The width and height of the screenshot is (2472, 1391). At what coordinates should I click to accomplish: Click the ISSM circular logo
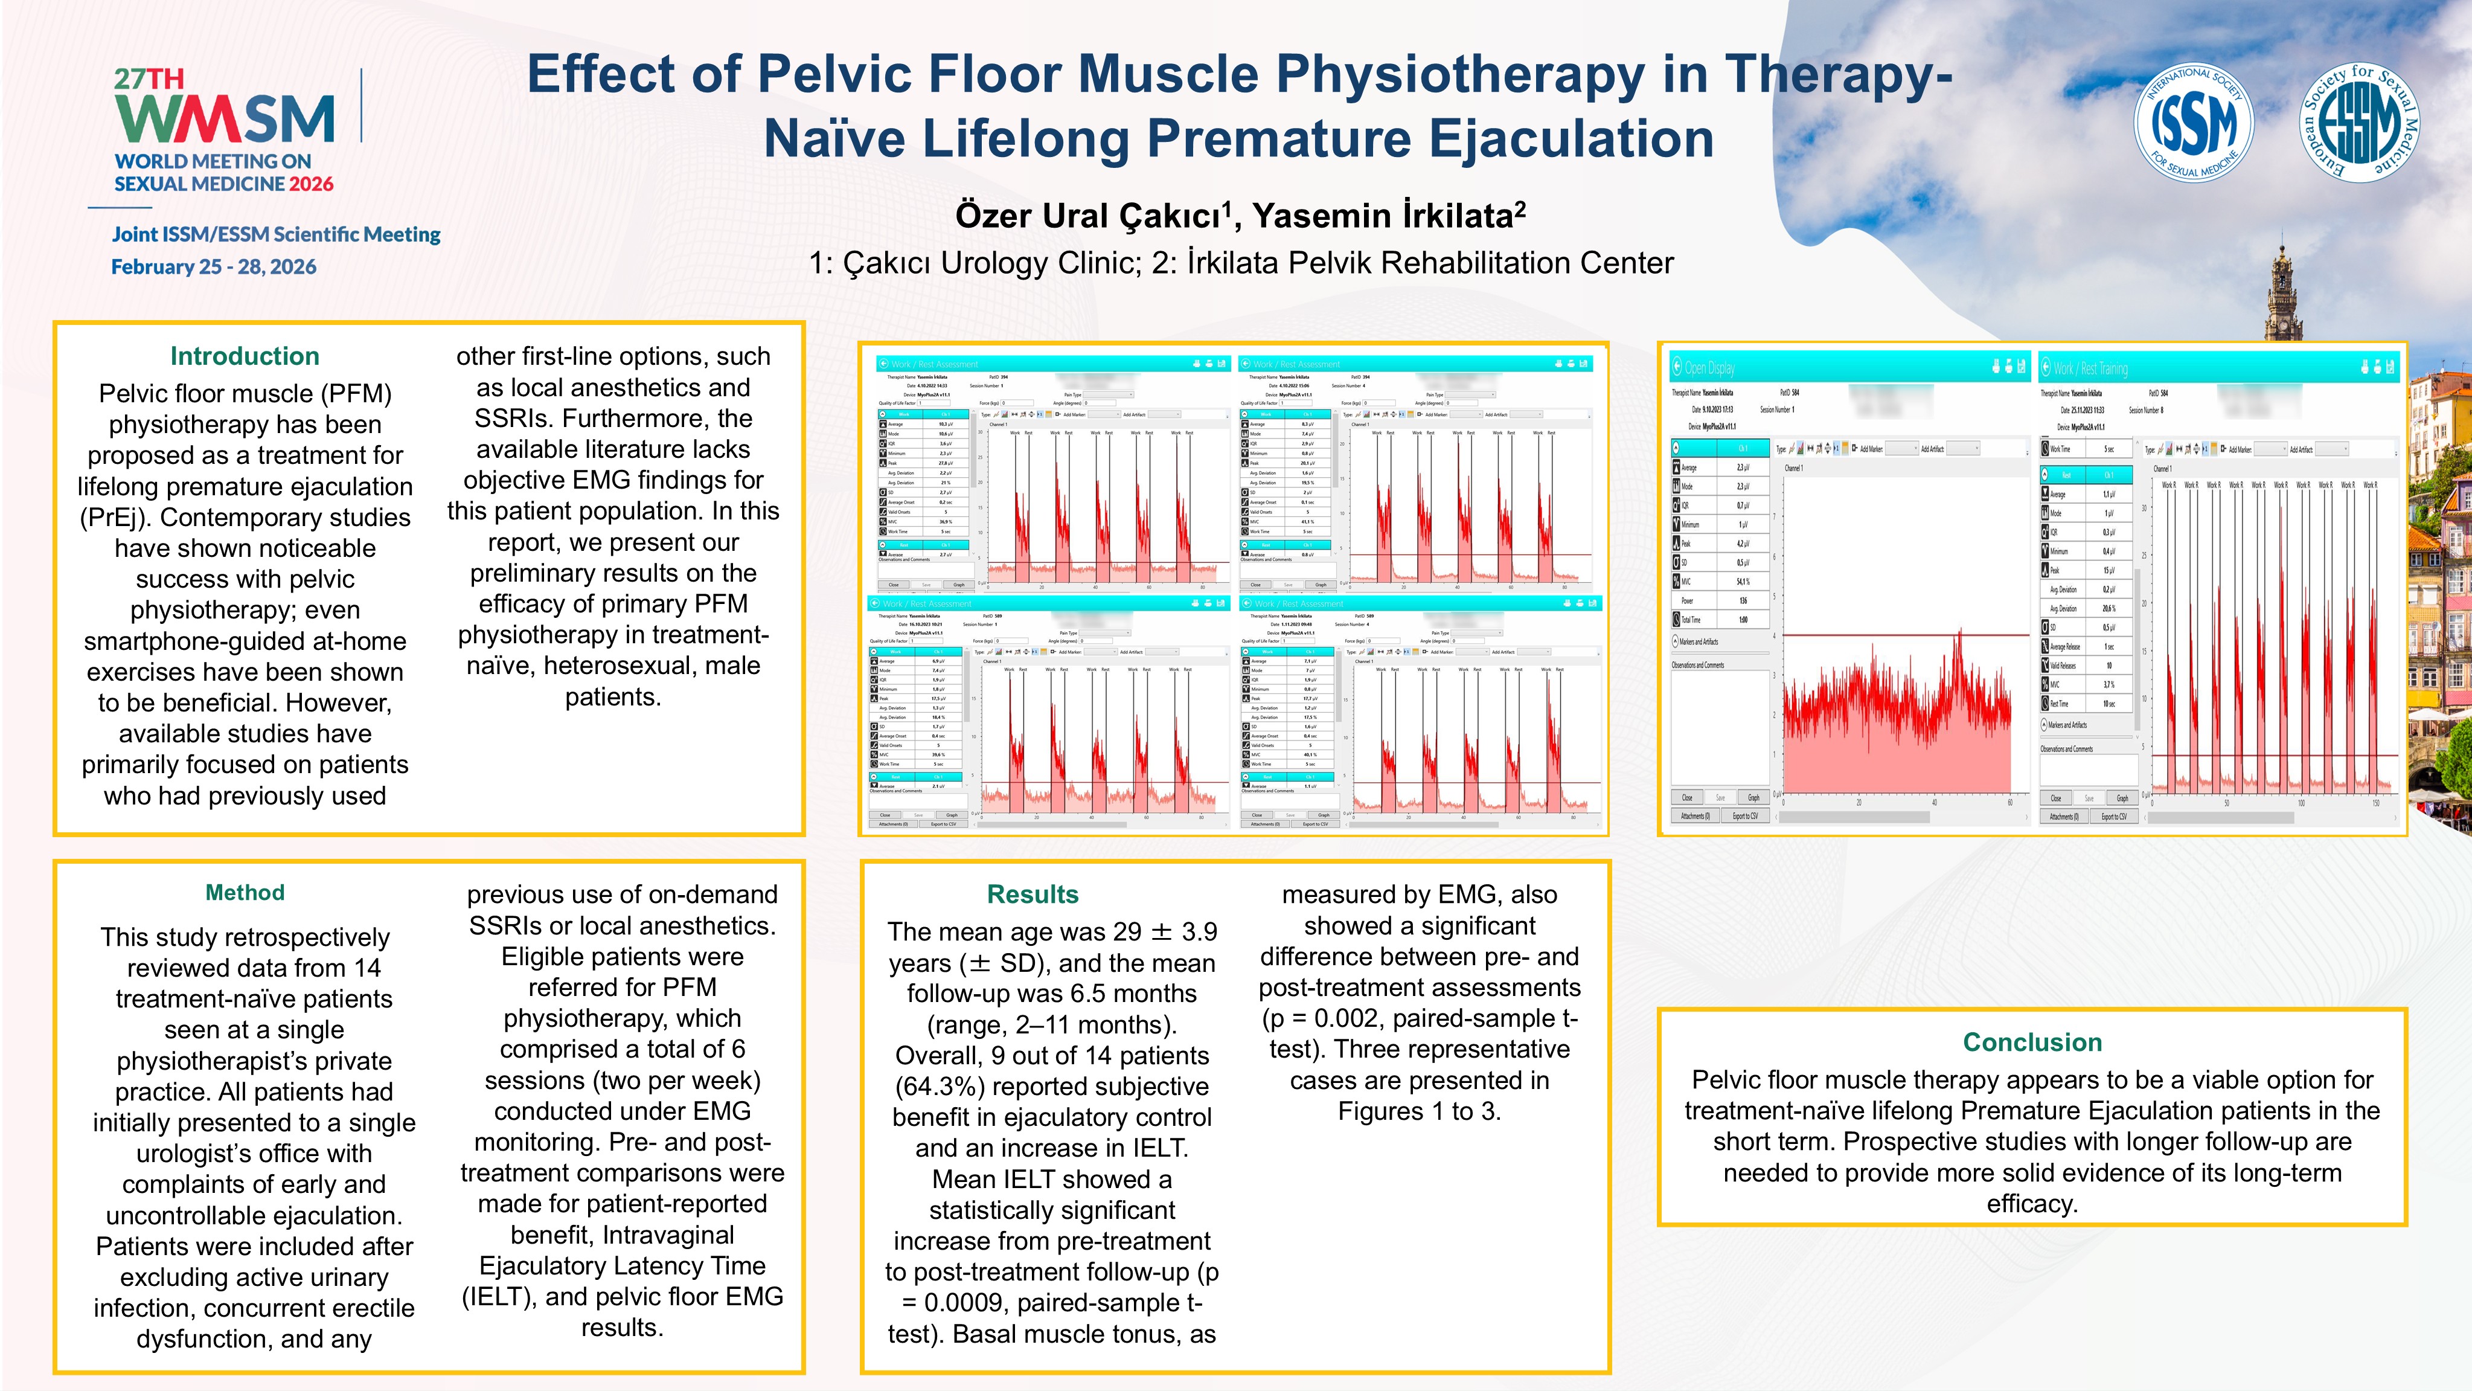2193,123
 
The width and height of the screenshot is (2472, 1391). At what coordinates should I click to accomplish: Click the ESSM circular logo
2360,123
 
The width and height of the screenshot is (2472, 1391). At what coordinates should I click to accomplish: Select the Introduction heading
245,356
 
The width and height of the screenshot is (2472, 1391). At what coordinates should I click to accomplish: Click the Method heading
245,893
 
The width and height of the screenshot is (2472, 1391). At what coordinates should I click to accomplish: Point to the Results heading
1033,895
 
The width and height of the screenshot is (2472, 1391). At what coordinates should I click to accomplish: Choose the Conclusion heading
2032,1042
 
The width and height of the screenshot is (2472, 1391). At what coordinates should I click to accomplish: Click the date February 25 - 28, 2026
214,267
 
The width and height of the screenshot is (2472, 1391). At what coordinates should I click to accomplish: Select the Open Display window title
1709,368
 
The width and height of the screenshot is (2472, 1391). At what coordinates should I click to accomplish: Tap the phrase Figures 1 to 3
1420,1111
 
